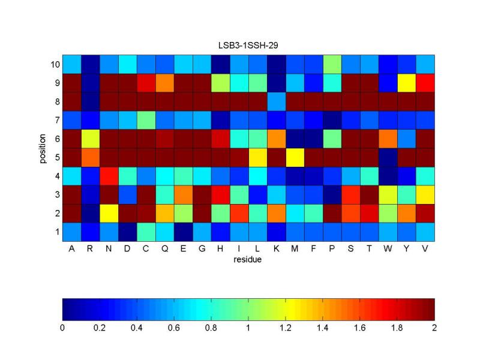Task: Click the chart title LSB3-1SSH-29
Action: [x=248, y=45]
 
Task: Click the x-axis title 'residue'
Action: [x=248, y=260]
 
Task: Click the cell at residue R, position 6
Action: [x=90, y=138]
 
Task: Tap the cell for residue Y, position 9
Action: [x=407, y=82]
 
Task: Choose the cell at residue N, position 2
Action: [x=109, y=212]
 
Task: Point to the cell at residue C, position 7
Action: [x=146, y=119]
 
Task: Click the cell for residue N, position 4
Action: [x=109, y=175]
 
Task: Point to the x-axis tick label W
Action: [x=388, y=250]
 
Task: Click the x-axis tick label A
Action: [x=71, y=250]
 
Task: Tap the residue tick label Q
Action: [x=164, y=250]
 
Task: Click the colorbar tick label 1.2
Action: [x=286, y=328]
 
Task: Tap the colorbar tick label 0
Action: [x=62, y=328]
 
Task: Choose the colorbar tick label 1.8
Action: [x=397, y=328]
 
